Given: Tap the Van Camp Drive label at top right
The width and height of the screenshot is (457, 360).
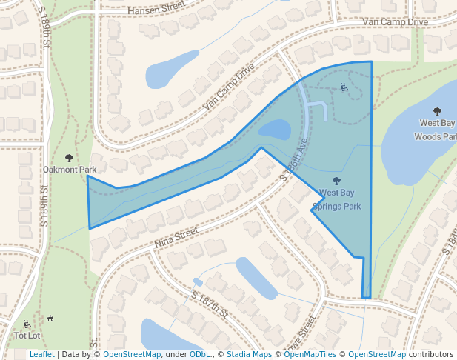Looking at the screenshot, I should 396,22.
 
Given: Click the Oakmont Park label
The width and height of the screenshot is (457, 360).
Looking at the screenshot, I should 70,170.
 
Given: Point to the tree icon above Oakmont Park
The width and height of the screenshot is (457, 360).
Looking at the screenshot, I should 70,158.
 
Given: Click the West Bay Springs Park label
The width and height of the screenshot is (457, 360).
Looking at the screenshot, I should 336,199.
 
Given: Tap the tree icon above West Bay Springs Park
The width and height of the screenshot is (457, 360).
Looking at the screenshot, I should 337,181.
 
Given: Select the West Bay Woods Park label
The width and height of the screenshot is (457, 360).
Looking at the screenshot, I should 436,130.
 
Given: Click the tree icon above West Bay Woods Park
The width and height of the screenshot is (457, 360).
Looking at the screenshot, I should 436,111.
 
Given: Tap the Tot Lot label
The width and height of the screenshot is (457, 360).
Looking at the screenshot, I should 27,336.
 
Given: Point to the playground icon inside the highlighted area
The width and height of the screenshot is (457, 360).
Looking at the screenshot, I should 344,87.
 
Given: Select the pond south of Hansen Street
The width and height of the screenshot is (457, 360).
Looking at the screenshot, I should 172,71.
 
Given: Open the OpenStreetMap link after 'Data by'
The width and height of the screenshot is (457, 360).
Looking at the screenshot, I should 131,354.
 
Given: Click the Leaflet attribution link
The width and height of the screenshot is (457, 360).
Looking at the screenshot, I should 41,354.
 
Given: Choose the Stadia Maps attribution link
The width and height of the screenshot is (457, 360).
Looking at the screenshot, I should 248,354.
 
